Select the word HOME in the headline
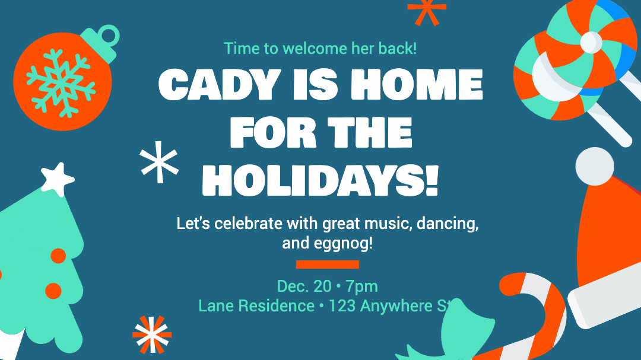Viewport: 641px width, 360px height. click(x=417, y=84)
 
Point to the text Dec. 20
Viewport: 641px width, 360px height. click(x=304, y=286)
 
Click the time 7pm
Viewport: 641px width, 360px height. click(x=361, y=286)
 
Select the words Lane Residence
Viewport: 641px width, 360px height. click(x=256, y=305)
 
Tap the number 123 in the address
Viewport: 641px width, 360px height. click(x=342, y=305)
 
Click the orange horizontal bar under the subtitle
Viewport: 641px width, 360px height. click(x=328, y=265)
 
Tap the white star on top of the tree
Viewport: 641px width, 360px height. click(x=58, y=179)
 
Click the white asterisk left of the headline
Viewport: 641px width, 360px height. click(x=159, y=162)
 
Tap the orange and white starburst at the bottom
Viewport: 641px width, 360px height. click(x=152, y=334)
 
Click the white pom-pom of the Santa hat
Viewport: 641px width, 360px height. click(x=595, y=166)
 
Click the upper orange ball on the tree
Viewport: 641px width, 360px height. click(x=58, y=256)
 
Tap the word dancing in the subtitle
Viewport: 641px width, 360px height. click(x=448, y=224)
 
